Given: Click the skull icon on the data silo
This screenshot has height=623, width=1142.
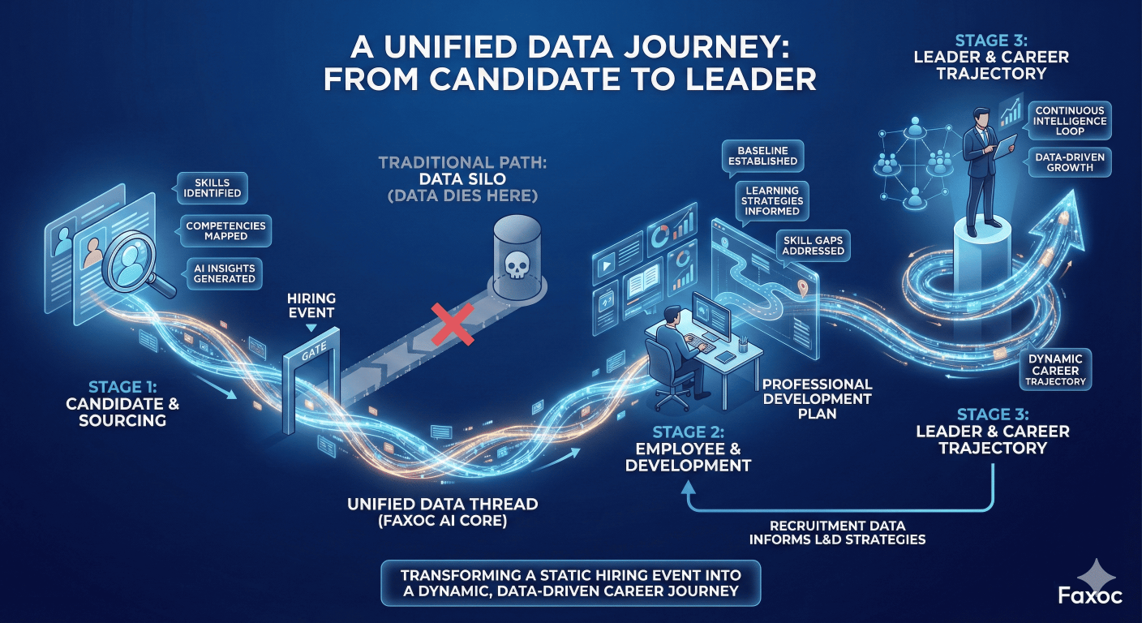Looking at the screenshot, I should click(x=517, y=265).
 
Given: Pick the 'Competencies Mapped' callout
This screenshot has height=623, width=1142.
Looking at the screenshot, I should click(x=226, y=231).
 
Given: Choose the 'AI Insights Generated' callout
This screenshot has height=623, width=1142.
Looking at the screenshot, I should click(x=225, y=273).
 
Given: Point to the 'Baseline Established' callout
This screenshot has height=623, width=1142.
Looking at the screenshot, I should click(x=762, y=156).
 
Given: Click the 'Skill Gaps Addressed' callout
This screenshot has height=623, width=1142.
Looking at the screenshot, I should click(x=813, y=246).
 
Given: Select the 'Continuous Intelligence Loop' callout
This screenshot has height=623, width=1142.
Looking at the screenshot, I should click(x=1069, y=122).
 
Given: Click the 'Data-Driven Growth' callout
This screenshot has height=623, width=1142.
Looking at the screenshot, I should click(x=1069, y=161).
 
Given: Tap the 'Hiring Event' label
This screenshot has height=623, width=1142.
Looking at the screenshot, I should click(x=311, y=305).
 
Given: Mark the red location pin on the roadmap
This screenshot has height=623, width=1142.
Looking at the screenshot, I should click(x=803, y=286).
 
